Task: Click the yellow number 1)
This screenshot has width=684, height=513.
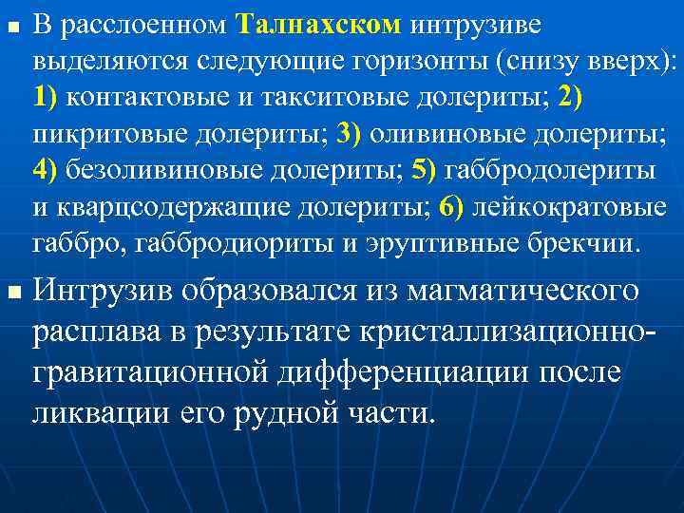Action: [x=47, y=97]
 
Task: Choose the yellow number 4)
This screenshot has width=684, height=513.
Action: [x=47, y=170]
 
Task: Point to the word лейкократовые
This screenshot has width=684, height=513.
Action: [x=577, y=206]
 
